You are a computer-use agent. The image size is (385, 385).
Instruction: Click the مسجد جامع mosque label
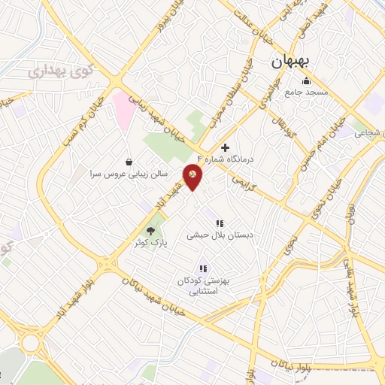[306, 92]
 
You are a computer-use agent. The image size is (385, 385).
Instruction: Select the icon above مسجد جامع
[305, 81]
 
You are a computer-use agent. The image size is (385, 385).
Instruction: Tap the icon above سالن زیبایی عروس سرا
[129, 162]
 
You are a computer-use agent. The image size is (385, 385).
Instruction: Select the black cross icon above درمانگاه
[224, 148]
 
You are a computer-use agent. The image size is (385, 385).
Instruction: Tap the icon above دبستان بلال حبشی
[220, 223]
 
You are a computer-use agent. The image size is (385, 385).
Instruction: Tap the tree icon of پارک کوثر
[151, 231]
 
